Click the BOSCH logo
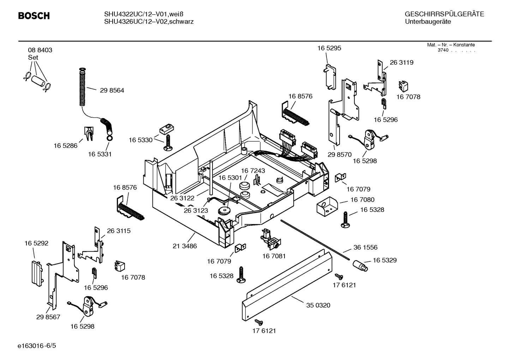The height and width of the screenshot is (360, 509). (x=34, y=16)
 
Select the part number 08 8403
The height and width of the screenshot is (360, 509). (x=40, y=50)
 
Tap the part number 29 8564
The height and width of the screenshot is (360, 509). (x=112, y=90)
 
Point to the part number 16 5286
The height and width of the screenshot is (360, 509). (x=65, y=146)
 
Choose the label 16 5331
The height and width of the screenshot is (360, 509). (x=100, y=154)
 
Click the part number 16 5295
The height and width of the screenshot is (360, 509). (x=329, y=48)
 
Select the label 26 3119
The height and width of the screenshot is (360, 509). (x=401, y=63)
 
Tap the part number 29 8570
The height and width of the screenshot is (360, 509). (x=339, y=154)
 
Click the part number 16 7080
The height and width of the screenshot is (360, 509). (x=362, y=200)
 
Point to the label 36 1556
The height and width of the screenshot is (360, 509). (x=365, y=248)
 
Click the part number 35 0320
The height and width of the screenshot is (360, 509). (x=318, y=305)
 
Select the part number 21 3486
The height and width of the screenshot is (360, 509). (x=185, y=246)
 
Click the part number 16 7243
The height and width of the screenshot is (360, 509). (x=253, y=171)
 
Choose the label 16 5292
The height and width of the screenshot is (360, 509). (x=36, y=243)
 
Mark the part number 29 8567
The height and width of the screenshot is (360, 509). (x=48, y=317)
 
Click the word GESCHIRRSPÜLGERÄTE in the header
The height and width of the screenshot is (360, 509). (x=444, y=14)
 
